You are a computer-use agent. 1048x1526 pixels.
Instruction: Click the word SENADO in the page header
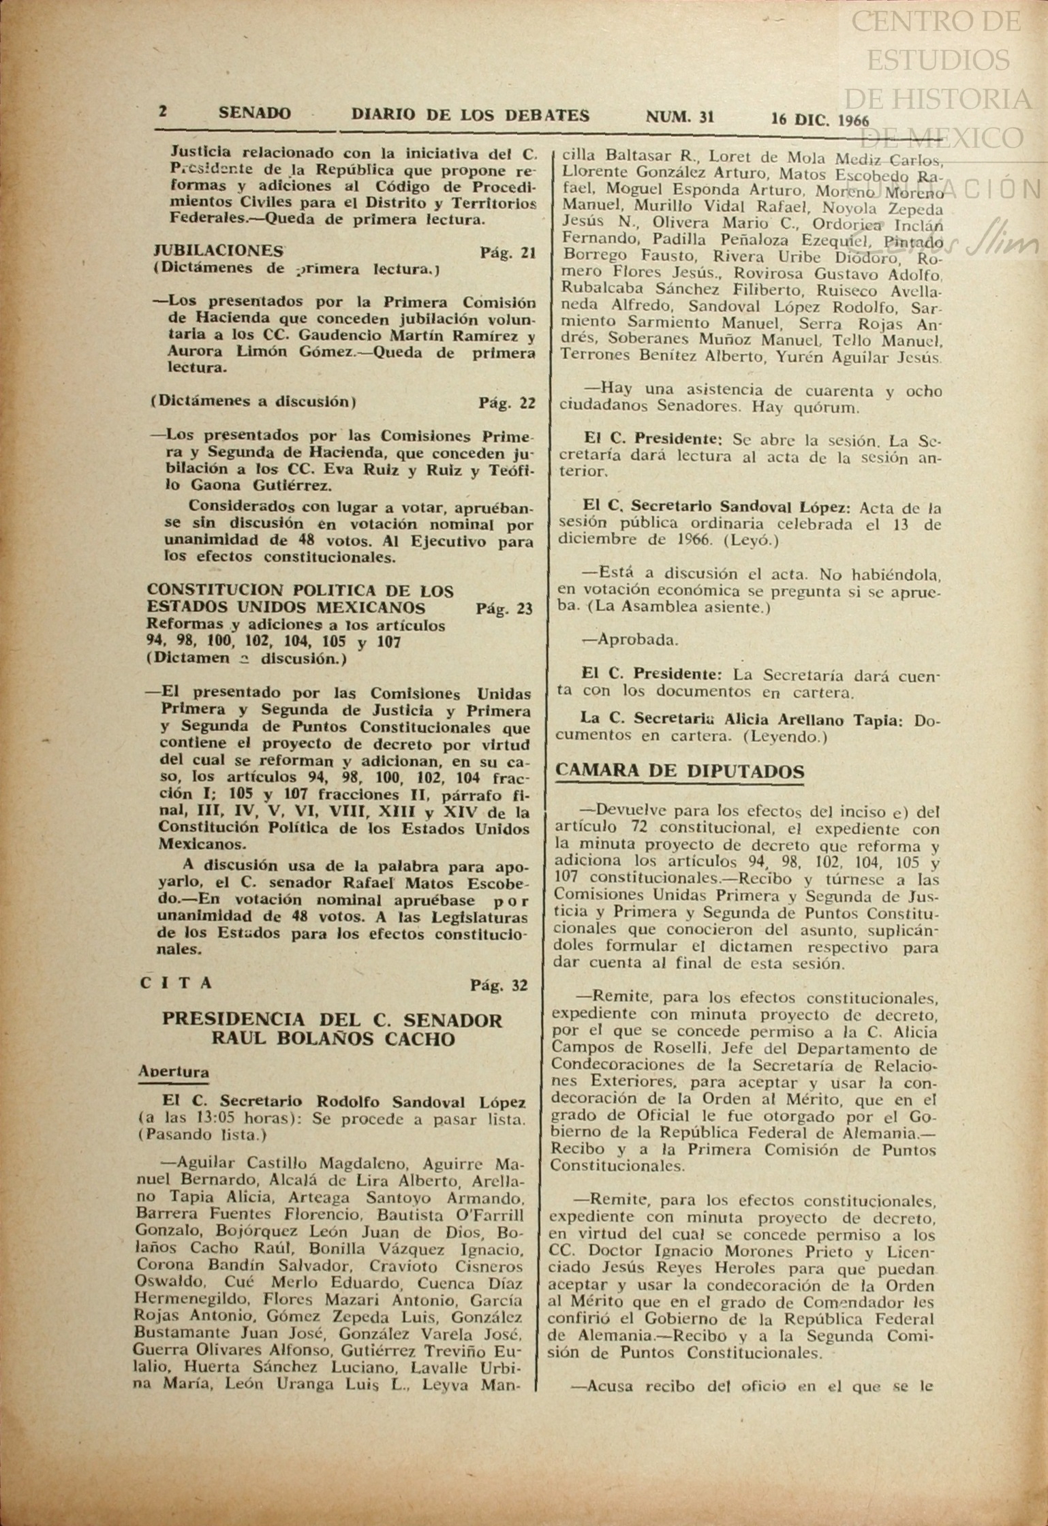coord(254,113)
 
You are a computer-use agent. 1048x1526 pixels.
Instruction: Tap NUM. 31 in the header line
coord(679,117)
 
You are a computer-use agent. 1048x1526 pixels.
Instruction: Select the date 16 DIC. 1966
coord(820,120)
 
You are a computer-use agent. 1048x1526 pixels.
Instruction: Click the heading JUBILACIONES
coord(217,250)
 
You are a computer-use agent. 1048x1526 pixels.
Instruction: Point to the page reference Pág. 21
coord(508,253)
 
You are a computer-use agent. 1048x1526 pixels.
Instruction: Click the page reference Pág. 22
coord(506,403)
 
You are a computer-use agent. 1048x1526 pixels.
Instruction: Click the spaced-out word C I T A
coord(176,982)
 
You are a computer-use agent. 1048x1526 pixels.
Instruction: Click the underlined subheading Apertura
coord(174,1071)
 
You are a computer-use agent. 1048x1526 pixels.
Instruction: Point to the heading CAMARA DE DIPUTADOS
coord(680,771)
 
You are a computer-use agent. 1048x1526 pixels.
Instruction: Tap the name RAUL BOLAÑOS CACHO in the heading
coord(332,1039)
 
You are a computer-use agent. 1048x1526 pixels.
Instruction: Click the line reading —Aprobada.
coord(621,640)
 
